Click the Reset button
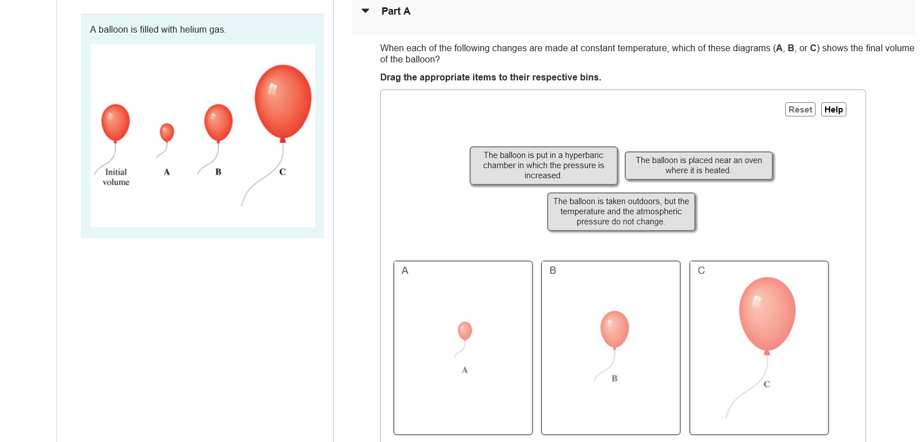[800, 110]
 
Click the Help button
[834, 110]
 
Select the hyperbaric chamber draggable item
[543, 165]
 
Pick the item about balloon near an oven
[698, 165]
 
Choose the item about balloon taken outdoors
[621, 211]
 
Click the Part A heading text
[395, 11]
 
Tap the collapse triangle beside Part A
[366, 11]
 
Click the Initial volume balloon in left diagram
[116, 122]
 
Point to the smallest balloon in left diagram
[167, 133]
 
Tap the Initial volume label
[116, 177]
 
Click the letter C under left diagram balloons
[283, 172]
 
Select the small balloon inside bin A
[464, 331]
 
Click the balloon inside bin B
[614, 329]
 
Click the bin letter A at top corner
[405, 270]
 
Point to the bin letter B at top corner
[553, 270]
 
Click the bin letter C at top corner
[701, 270]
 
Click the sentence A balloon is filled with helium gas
[158, 30]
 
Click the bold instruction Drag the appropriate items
[490, 78]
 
